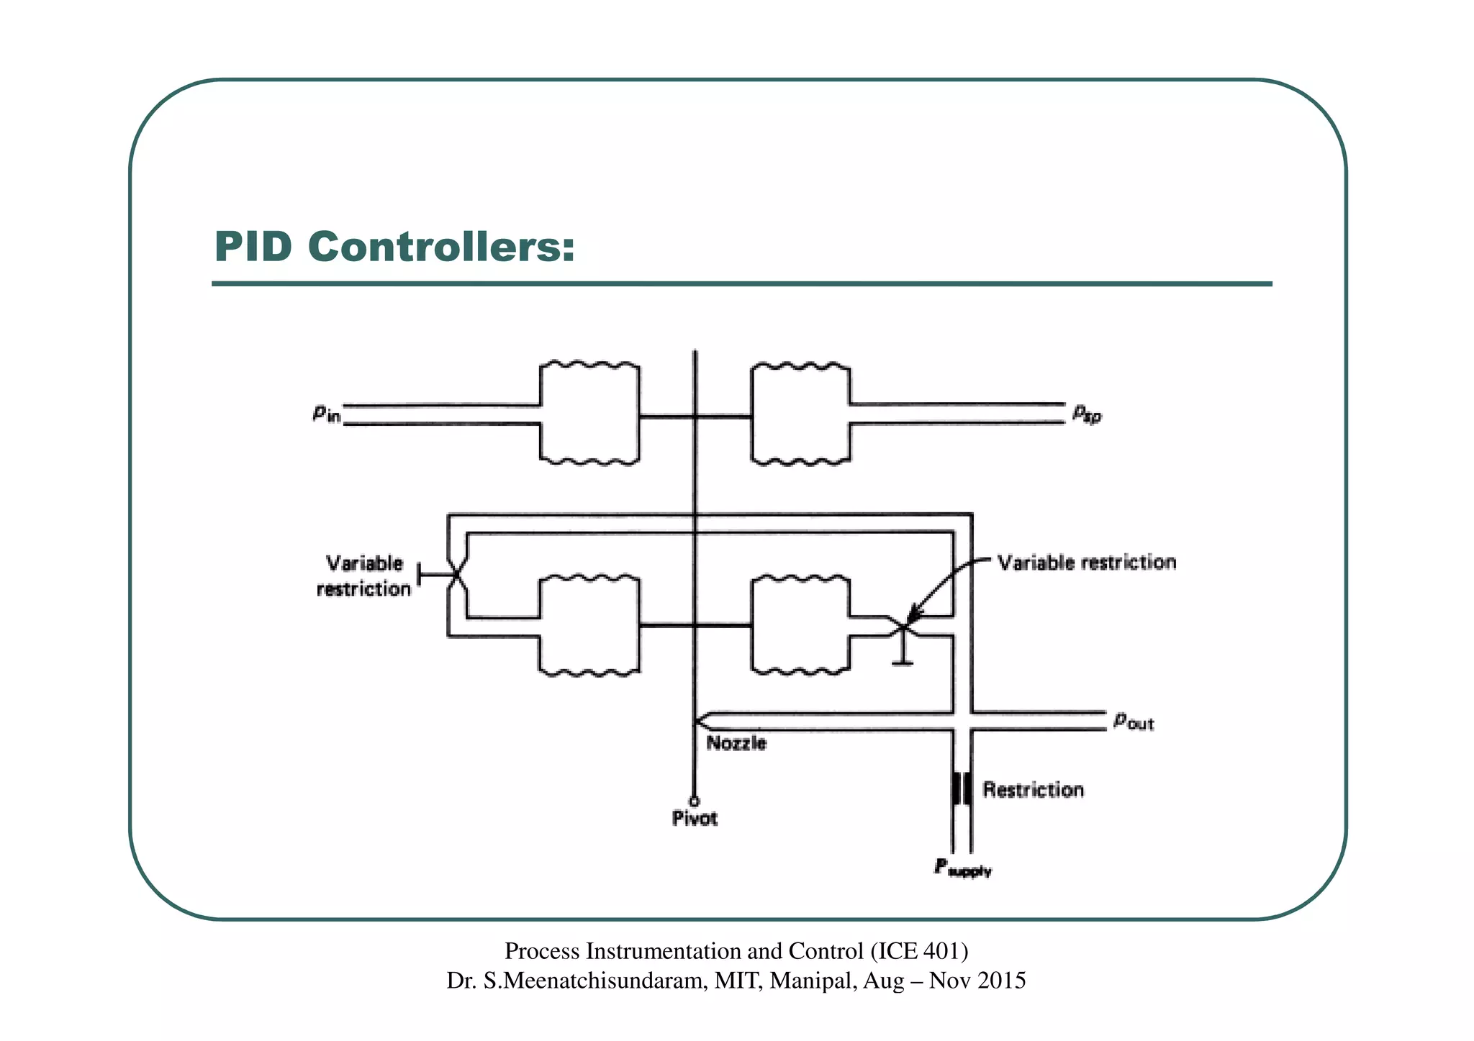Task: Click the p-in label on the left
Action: coord(326,414)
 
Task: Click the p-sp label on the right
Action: coord(1086,414)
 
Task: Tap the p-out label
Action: coord(1133,721)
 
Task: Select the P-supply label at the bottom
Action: coord(962,868)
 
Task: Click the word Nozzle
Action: coord(736,743)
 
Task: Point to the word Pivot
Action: coord(695,819)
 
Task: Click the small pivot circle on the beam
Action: coord(694,801)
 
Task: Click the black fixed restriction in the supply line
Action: coord(962,789)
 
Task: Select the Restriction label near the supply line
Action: coord(1033,790)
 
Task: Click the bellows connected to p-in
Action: coord(589,414)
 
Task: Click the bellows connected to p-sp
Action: coord(800,414)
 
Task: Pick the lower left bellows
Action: coord(589,625)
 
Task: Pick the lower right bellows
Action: coord(800,625)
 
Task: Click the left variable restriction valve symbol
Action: coord(456,575)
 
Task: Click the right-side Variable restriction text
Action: coord(1087,563)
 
